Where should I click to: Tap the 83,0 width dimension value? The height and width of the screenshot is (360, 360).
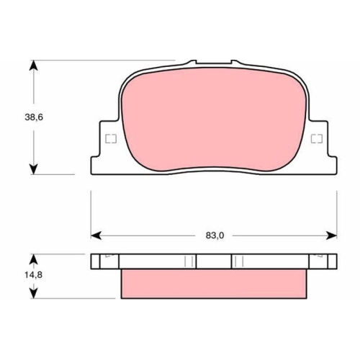[x=214, y=235]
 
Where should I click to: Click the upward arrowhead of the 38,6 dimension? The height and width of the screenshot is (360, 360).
[x=33, y=66]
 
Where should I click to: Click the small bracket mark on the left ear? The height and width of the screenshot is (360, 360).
[x=111, y=140]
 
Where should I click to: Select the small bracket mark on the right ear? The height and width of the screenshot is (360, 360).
[x=315, y=140]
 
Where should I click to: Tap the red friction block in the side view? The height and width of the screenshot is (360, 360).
[x=214, y=282]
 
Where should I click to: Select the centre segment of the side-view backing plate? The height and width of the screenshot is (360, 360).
[x=214, y=261]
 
